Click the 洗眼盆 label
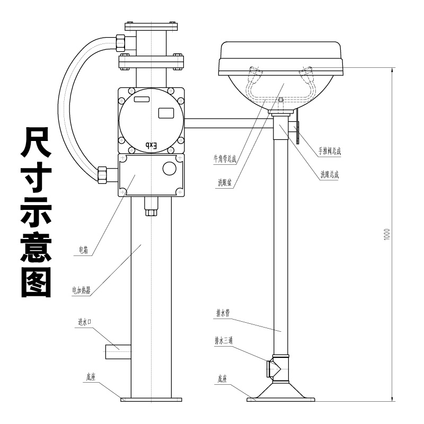pyautogui.click(x=225, y=182)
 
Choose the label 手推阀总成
pyautogui.click(x=330, y=151)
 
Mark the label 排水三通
pyautogui.click(x=224, y=340)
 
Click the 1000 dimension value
pyautogui.click(x=387, y=233)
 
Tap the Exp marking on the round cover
pyautogui.click(x=152, y=145)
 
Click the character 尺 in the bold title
pyautogui.click(x=36, y=142)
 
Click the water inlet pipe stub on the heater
pyautogui.click(x=118, y=351)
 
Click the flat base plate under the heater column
pyautogui.click(x=151, y=400)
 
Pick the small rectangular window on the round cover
pyautogui.click(x=166, y=113)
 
